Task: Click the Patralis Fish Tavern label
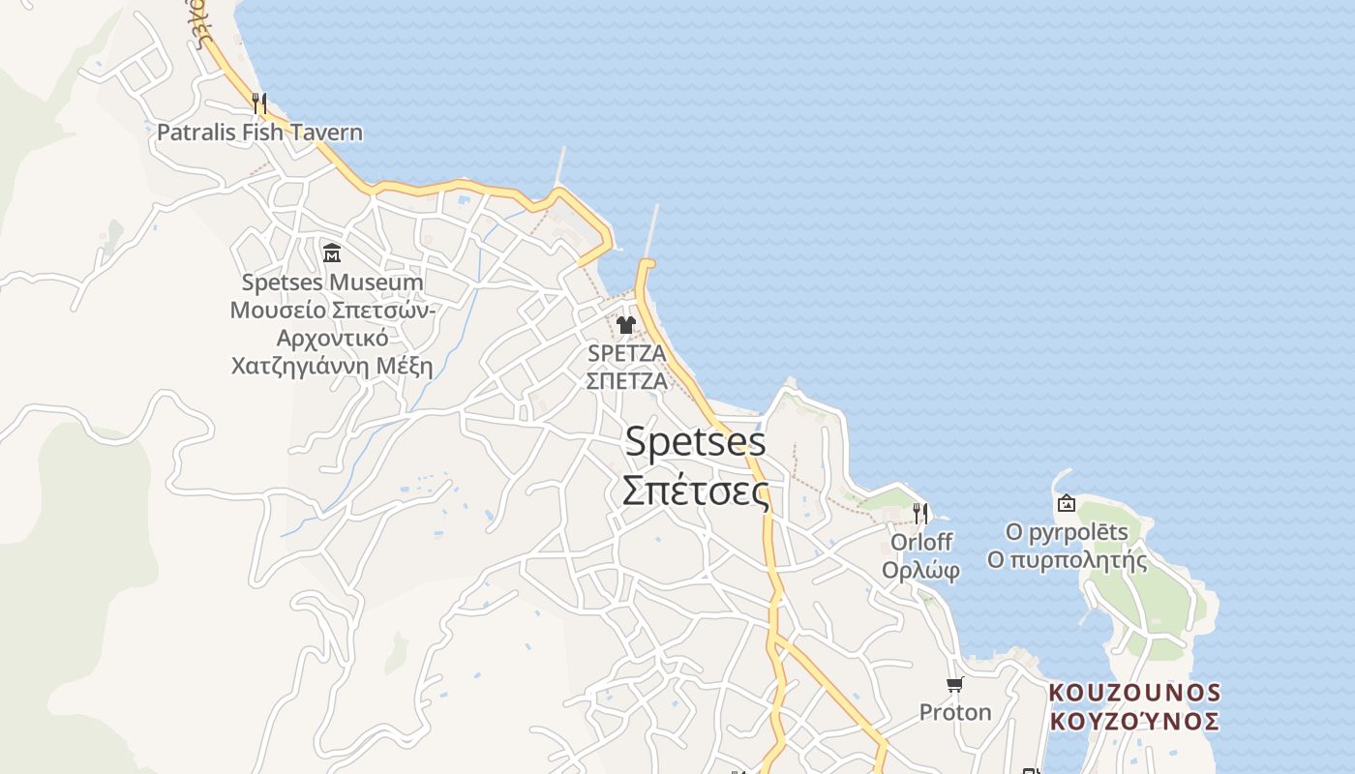(259, 133)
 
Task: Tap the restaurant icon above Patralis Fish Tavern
(258, 103)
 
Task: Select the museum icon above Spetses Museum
(332, 253)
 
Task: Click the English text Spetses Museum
(332, 283)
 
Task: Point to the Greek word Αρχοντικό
(332, 339)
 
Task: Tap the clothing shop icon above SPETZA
(626, 325)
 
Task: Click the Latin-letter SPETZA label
(626, 353)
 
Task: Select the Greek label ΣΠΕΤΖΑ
(626, 380)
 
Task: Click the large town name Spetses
(695, 442)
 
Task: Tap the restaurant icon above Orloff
(919, 513)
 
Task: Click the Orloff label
(920, 542)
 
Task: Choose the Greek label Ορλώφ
(920, 570)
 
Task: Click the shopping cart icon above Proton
(955, 685)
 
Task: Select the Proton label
(955, 713)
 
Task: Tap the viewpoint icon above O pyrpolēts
(1067, 503)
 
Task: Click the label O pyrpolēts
(1067, 532)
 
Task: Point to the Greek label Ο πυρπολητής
(1067, 560)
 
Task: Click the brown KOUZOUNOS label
(1134, 693)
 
